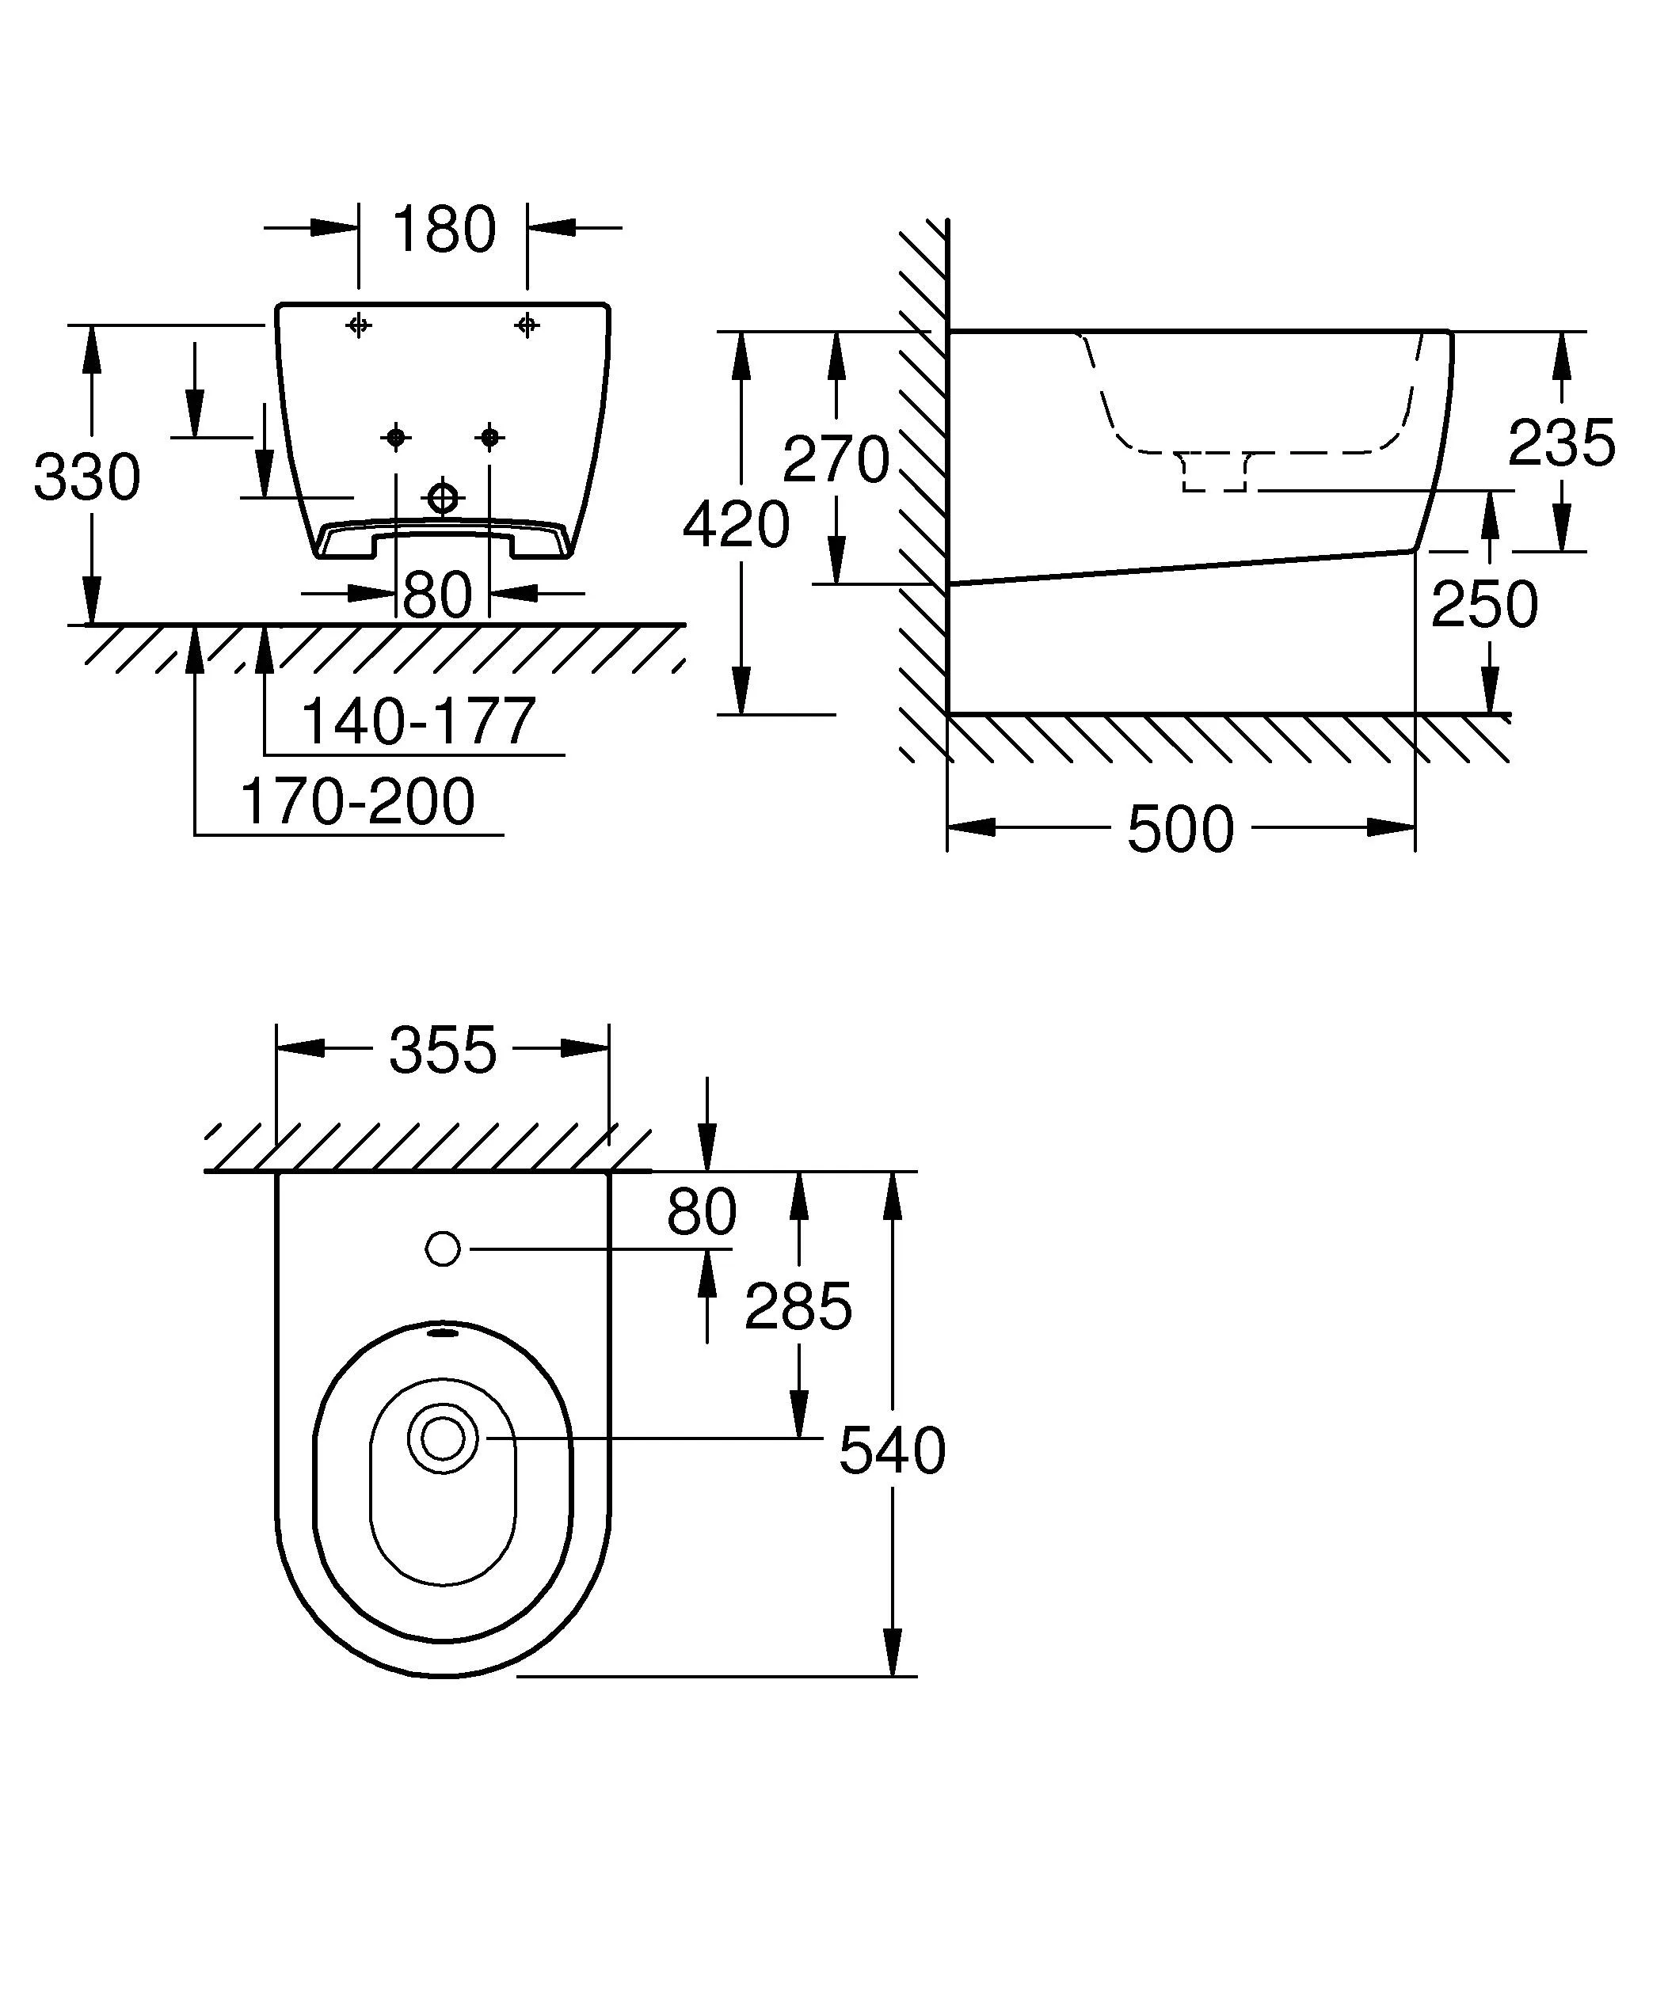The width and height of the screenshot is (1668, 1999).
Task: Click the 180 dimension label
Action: (444, 230)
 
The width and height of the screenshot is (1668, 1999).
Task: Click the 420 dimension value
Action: (736, 525)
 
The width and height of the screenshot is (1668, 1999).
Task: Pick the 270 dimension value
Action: (836, 459)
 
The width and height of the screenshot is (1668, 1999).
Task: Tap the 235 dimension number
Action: (1561, 443)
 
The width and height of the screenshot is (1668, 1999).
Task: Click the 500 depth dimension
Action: (1181, 829)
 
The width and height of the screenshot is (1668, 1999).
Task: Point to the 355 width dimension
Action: (443, 1050)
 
